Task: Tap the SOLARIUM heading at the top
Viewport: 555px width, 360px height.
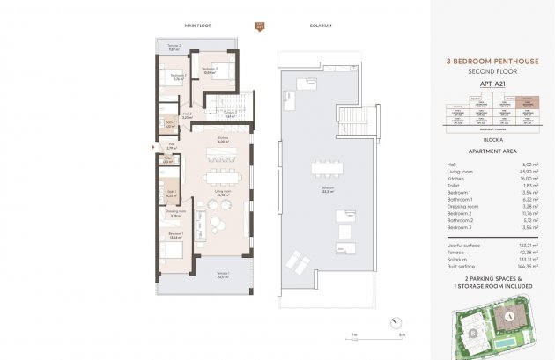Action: click(322, 26)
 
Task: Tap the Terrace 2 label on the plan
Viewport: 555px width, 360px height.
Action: click(174, 48)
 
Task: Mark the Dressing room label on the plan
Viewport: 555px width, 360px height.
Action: click(174, 213)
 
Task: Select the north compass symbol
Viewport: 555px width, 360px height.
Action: click(259, 26)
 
